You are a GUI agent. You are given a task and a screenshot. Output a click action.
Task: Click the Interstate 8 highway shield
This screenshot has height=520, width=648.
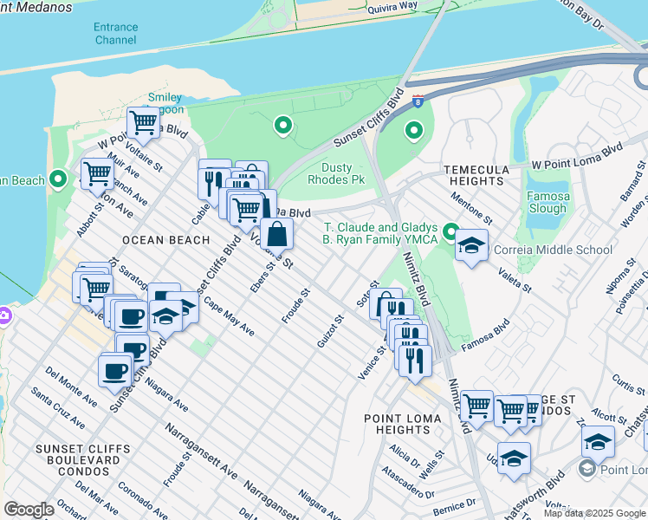[x=418, y=101]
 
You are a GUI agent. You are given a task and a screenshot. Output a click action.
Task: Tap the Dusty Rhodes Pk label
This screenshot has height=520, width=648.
[x=336, y=173]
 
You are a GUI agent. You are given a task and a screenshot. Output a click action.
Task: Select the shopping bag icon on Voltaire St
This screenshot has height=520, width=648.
[x=276, y=233]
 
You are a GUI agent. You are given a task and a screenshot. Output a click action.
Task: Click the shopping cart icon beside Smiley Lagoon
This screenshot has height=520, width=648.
[x=142, y=121]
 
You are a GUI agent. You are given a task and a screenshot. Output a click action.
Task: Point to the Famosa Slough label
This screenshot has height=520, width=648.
[x=548, y=203]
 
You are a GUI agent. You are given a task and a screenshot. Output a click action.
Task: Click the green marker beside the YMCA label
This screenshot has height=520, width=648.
[x=450, y=231]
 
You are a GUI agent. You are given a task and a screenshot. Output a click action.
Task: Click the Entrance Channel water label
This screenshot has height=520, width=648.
[x=115, y=34]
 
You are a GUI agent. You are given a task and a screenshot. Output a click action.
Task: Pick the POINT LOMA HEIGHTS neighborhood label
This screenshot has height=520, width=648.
[x=403, y=424]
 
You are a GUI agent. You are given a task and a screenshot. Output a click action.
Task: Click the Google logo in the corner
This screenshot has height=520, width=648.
[x=29, y=509]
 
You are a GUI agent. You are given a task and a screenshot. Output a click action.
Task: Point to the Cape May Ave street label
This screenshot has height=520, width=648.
[x=230, y=320]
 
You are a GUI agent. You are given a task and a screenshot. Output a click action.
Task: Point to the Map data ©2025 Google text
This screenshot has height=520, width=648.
[x=594, y=513]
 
